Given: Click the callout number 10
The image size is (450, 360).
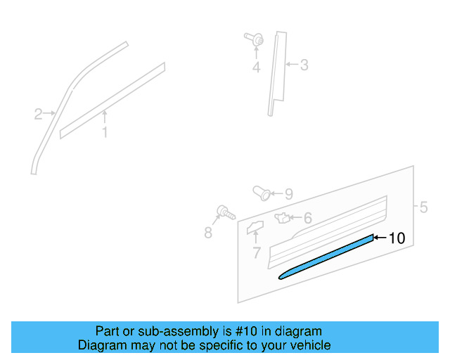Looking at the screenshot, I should pyautogui.click(x=397, y=238).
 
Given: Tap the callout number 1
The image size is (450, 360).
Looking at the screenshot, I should pyautogui.click(x=104, y=132).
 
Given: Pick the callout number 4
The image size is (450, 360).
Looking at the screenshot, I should pyautogui.click(x=256, y=68).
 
